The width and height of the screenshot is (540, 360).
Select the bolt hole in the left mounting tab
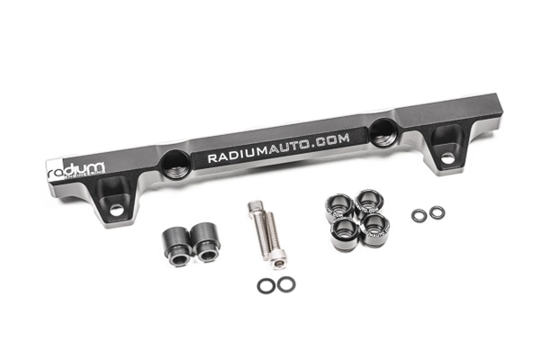(x=116, y=210)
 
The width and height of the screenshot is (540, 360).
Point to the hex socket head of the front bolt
(x=280, y=261)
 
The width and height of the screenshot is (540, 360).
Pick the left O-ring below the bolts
(x=265, y=285)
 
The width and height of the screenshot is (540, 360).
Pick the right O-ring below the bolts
(x=285, y=284)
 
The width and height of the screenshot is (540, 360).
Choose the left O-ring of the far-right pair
(x=418, y=215)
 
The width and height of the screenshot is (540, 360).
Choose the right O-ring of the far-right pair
(x=436, y=212)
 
